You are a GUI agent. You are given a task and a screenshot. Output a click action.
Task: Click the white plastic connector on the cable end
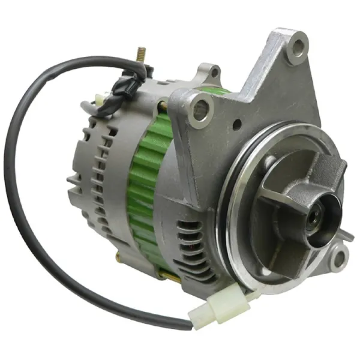pyautogui.click(x=210, y=310)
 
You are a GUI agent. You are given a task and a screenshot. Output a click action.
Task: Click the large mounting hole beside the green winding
pyautogui.click(x=200, y=109)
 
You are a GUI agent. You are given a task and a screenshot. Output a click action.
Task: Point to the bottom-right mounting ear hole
pyautogui.click(x=340, y=259)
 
